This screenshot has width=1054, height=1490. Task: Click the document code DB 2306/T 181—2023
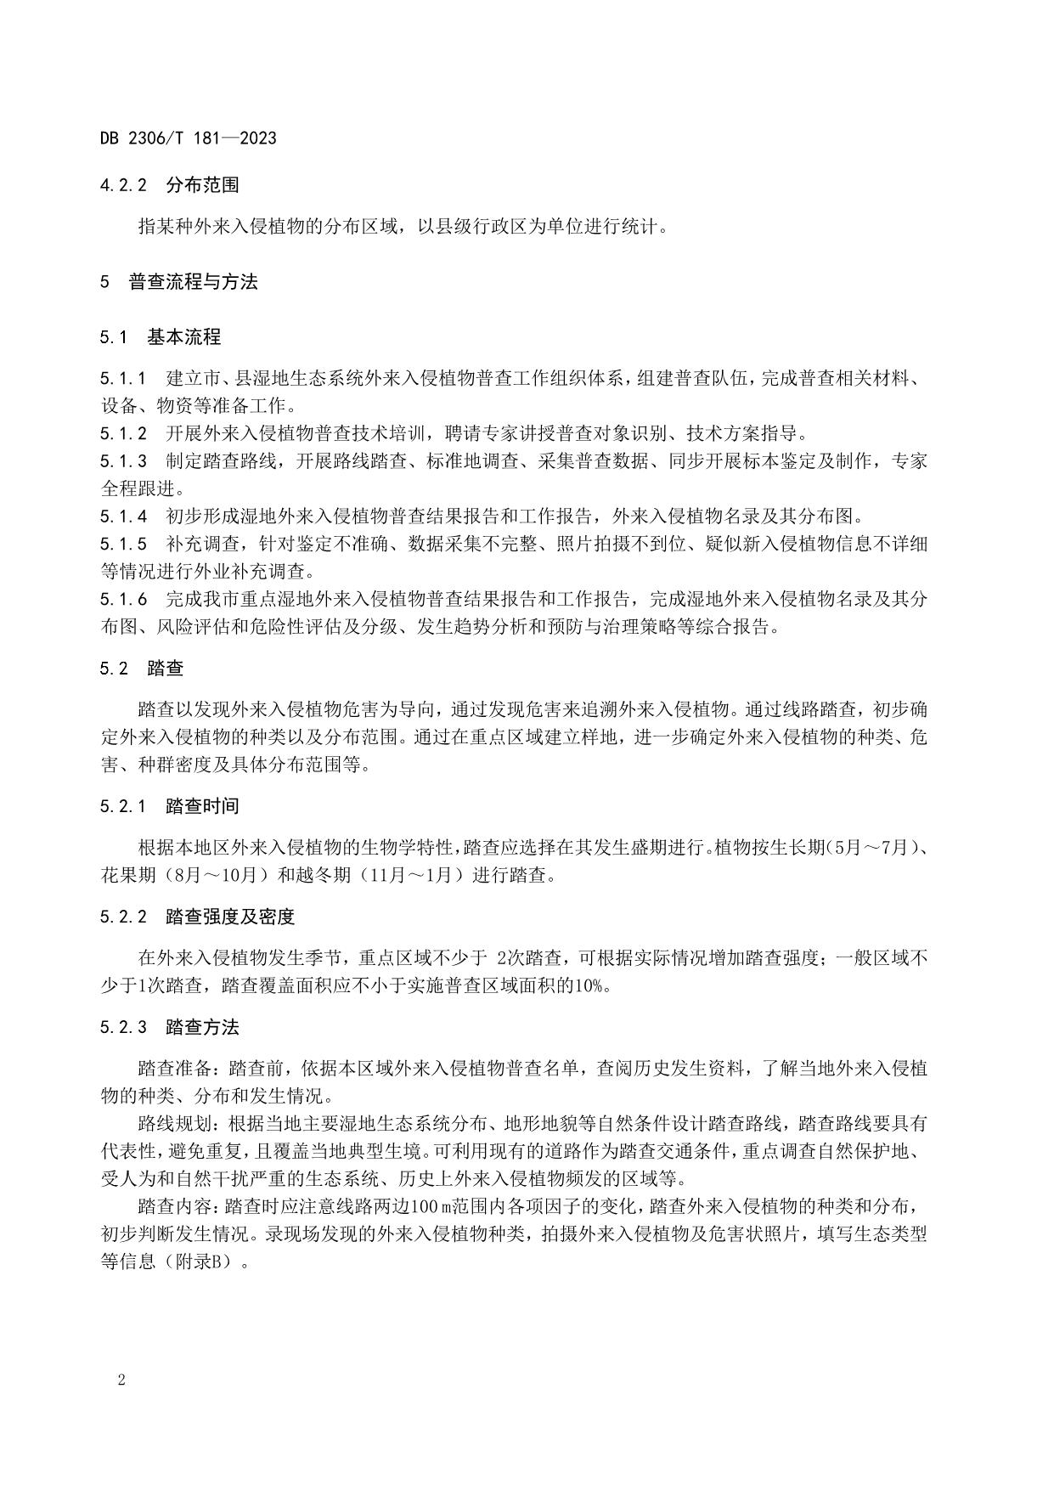[x=188, y=138]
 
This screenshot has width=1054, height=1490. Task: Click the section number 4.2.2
[x=123, y=184]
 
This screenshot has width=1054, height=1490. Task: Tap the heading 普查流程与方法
[x=193, y=282]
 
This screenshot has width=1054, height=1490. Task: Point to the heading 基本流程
[x=183, y=337]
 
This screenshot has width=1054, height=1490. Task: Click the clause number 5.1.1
[x=123, y=378]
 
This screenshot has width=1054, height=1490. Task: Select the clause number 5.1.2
[x=123, y=433]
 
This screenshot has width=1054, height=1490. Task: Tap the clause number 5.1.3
[x=123, y=461]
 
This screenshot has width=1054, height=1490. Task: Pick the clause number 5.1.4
[x=123, y=516]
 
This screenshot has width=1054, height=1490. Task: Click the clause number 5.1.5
[x=123, y=544]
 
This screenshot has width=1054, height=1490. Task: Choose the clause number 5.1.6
[x=123, y=600]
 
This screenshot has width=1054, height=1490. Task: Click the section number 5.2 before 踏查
[x=114, y=669]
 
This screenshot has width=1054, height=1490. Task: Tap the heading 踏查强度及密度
[x=230, y=917]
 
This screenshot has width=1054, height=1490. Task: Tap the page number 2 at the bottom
[x=121, y=1380]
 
